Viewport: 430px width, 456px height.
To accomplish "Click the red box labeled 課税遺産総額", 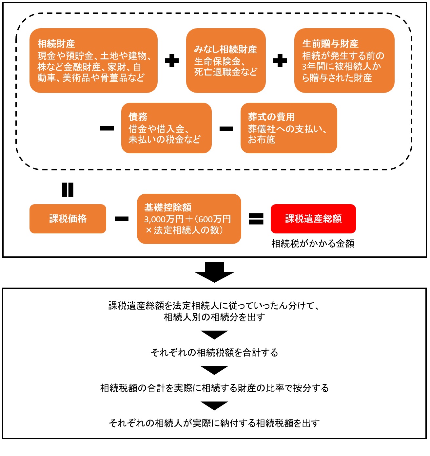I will (x=313, y=219).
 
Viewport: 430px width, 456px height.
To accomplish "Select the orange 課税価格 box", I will (x=68, y=219).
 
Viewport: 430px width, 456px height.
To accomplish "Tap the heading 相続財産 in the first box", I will (x=56, y=44).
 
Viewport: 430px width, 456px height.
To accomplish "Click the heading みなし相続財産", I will (x=225, y=49).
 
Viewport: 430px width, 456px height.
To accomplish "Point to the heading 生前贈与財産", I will (x=330, y=44).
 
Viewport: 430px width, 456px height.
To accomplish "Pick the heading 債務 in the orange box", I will (x=138, y=117).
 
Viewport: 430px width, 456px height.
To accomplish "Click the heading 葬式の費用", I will (x=271, y=117).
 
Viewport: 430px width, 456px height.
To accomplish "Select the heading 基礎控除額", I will (x=168, y=207).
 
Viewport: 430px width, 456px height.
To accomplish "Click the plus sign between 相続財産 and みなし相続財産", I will (x=172, y=61).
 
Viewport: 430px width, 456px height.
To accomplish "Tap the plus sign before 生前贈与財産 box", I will (x=280, y=61).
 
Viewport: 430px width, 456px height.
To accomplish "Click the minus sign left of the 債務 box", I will (x=107, y=128).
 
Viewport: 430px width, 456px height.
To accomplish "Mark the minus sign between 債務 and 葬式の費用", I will (x=226, y=129).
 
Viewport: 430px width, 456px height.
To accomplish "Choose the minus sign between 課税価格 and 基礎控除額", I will (x=122, y=219).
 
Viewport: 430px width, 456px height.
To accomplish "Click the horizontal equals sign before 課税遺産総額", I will (x=256, y=219).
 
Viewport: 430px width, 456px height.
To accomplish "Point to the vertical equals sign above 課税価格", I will (x=68, y=190).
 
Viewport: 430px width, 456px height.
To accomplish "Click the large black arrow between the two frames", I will (x=214, y=272).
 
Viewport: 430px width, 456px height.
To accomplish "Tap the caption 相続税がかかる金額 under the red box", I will (x=313, y=244).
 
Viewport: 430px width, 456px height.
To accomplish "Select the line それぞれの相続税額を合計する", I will (x=214, y=353).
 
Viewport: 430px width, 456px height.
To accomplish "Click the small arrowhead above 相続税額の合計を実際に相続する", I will (x=214, y=370).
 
